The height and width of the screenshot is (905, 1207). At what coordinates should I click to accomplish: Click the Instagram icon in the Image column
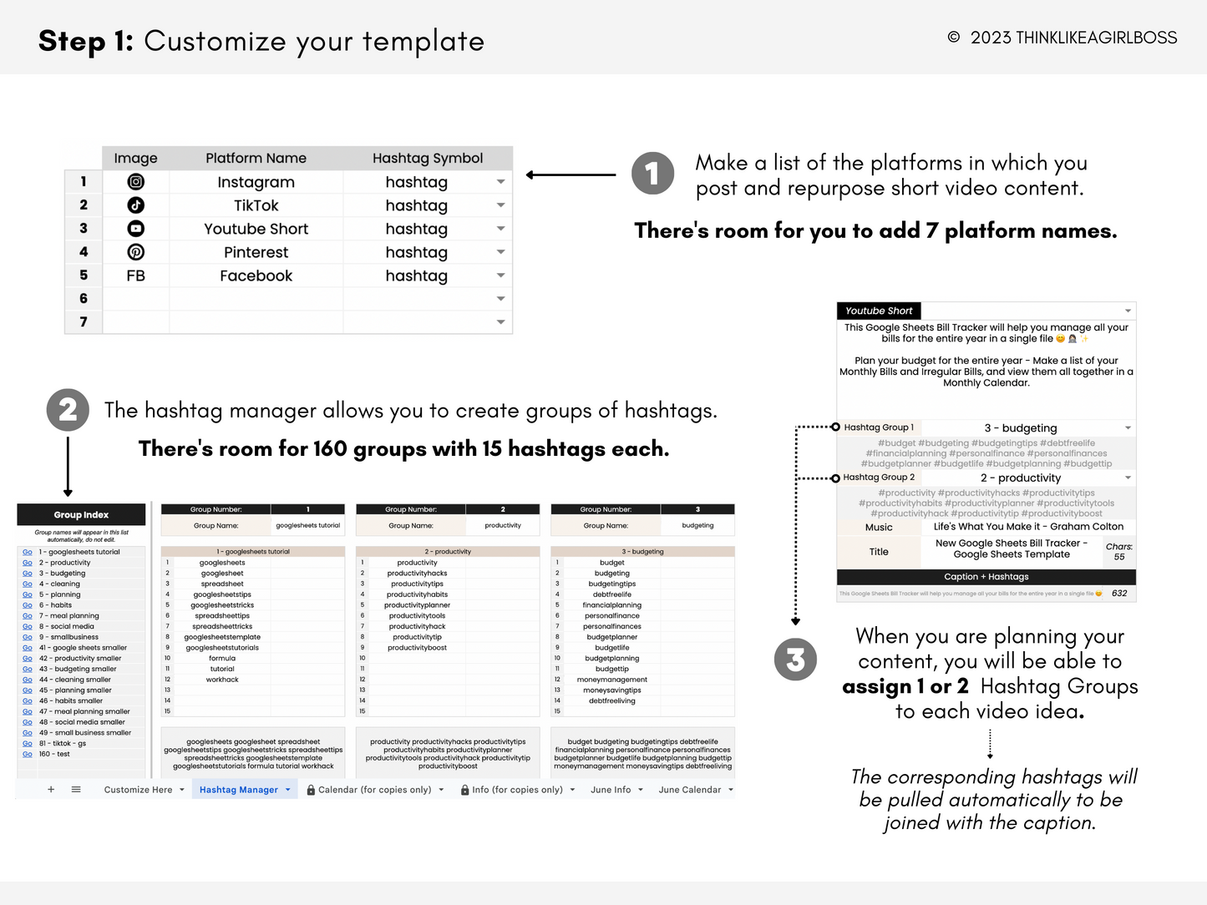tap(135, 182)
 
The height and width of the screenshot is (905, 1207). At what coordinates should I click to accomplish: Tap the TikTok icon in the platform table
tap(135, 205)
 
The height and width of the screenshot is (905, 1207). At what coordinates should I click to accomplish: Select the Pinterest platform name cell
tap(256, 252)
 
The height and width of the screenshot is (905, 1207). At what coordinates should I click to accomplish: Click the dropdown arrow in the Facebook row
tap(500, 276)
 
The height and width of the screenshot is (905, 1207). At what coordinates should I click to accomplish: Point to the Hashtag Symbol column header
tap(427, 158)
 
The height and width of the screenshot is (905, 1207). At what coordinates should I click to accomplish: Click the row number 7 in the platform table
tap(84, 321)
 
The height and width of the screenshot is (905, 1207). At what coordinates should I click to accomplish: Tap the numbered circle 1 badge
tap(652, 174)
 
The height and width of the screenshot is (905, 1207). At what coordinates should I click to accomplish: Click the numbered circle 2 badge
tap(68, 410)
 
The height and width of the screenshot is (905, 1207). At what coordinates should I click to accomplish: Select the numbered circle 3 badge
tap(795, 660)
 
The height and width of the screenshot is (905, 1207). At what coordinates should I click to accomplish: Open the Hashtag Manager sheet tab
tap(239, 790)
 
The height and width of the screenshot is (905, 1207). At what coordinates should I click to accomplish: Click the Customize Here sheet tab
tap(138, 790)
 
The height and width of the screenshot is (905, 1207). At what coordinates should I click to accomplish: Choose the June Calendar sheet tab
tap(689, 790)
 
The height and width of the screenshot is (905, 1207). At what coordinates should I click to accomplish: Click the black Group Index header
tap(81, 515)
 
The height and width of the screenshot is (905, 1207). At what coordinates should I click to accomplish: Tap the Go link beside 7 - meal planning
tap(28, 616)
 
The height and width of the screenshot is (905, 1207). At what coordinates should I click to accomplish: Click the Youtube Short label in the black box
tap(879, 311)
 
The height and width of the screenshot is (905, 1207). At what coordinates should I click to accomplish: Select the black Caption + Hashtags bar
tap(986, 577)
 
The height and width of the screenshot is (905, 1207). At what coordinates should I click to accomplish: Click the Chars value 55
tap(1118, 557)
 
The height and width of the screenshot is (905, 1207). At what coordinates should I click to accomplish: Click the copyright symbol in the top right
tap(953, 38)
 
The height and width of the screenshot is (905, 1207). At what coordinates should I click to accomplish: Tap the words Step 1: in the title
tap(86, 41)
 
